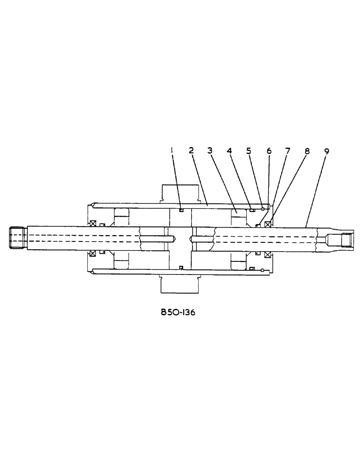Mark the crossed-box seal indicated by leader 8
click(268, 224)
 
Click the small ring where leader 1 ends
click(181, 210)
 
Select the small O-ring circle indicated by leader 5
click(263, 208)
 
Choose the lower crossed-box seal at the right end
click(268, 254)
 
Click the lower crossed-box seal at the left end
click(93, 254)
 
